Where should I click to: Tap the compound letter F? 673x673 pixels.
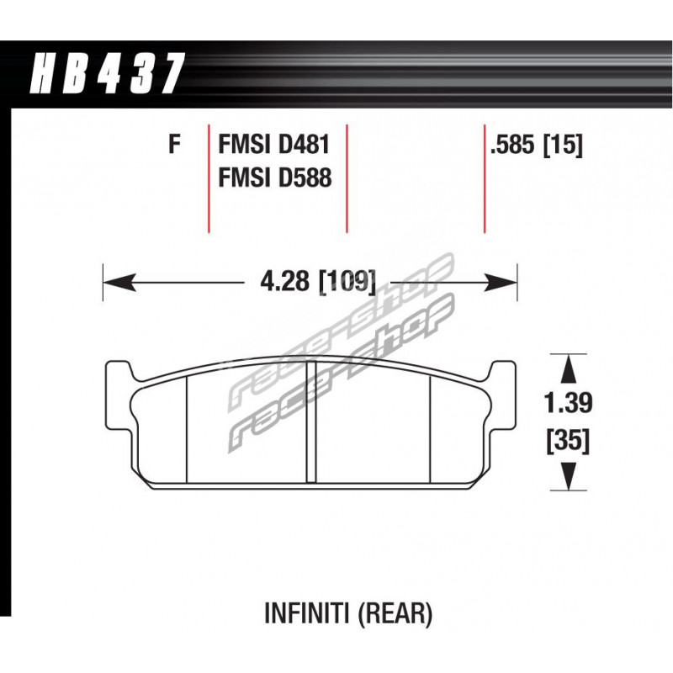(x=174, y=144)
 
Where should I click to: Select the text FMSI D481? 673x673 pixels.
(x=274, y=144)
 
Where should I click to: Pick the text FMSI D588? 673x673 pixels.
(x=275, y=178)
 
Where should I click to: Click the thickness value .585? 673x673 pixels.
(x=513, y=145)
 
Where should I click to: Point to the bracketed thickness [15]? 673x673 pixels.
(x=563, y=145)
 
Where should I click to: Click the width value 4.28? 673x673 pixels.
(x=284, y=283)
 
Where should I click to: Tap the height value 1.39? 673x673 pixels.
(x=569, y=403)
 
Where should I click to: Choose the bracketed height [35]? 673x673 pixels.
(x=569, y=441)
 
